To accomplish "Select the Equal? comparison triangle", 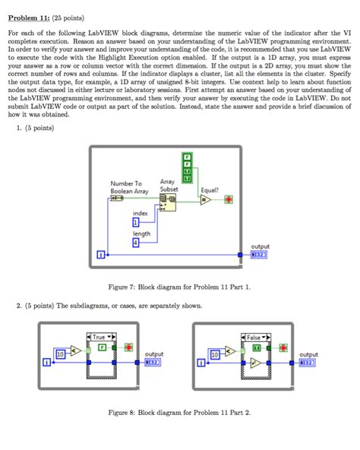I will [x=206, y=201].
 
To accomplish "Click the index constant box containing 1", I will [x=136, y=223].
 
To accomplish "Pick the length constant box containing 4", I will [x=136, y=243].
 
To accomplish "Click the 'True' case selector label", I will [x=100, y=337].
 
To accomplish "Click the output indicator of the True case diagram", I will [x=153, y=362].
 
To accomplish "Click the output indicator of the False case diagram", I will [x=308, y=362].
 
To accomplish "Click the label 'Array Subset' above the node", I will [x=168, y=186].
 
